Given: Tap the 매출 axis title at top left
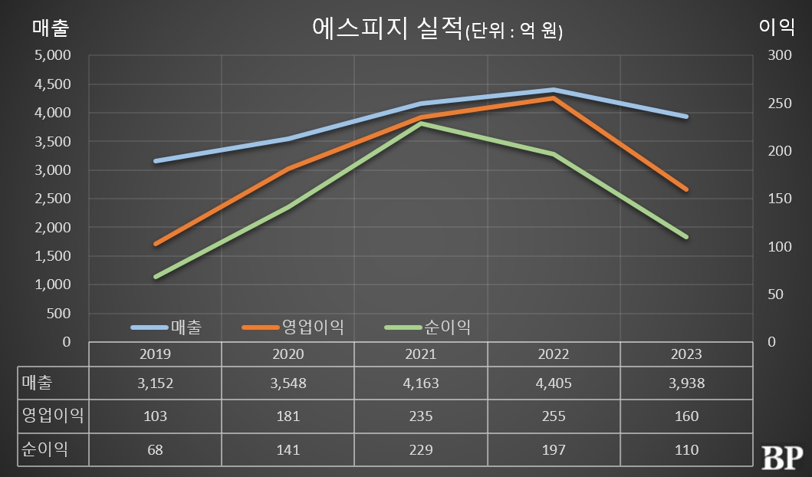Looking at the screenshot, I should tap(51, 28).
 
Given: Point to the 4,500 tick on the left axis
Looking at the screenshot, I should tap(53, 84).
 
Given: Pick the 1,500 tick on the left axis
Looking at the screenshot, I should tap(53, 256).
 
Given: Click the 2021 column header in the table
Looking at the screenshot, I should tap(420, 354).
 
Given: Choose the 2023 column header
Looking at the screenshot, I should tap(685, 354).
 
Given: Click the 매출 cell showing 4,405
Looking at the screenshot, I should tap(553, 383).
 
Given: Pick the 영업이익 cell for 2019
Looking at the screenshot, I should tap(155, 416).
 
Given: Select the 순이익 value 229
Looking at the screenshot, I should tap(420, 449).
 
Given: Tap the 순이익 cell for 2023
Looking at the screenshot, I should tap(685, 449).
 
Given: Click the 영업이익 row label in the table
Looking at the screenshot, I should tap(53, 416).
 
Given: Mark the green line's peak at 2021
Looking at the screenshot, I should tap(420, 123).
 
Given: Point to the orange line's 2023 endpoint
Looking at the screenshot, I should tap(685, 189).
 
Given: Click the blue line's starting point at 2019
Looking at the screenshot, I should tap(156, 161).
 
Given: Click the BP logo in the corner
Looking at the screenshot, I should tap(782, 457).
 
